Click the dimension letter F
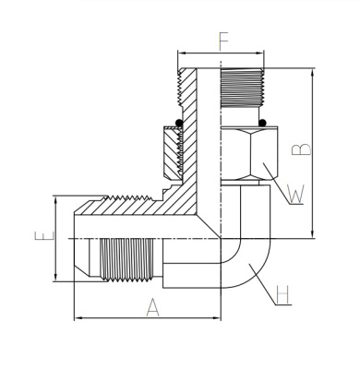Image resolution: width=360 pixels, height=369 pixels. pos(223,42)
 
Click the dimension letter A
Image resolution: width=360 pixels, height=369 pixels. pos(152,307)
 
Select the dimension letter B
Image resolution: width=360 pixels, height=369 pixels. pos(301,149)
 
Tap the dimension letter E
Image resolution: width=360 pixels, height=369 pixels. pos(44,236)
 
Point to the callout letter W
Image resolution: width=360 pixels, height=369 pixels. pos(295,194)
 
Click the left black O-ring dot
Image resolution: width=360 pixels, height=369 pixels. pos(179,123)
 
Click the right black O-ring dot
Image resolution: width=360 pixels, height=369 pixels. pos(262,123)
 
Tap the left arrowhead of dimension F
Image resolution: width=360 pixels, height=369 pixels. pos(182,54)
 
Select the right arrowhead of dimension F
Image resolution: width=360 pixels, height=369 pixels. pos(259,54)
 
